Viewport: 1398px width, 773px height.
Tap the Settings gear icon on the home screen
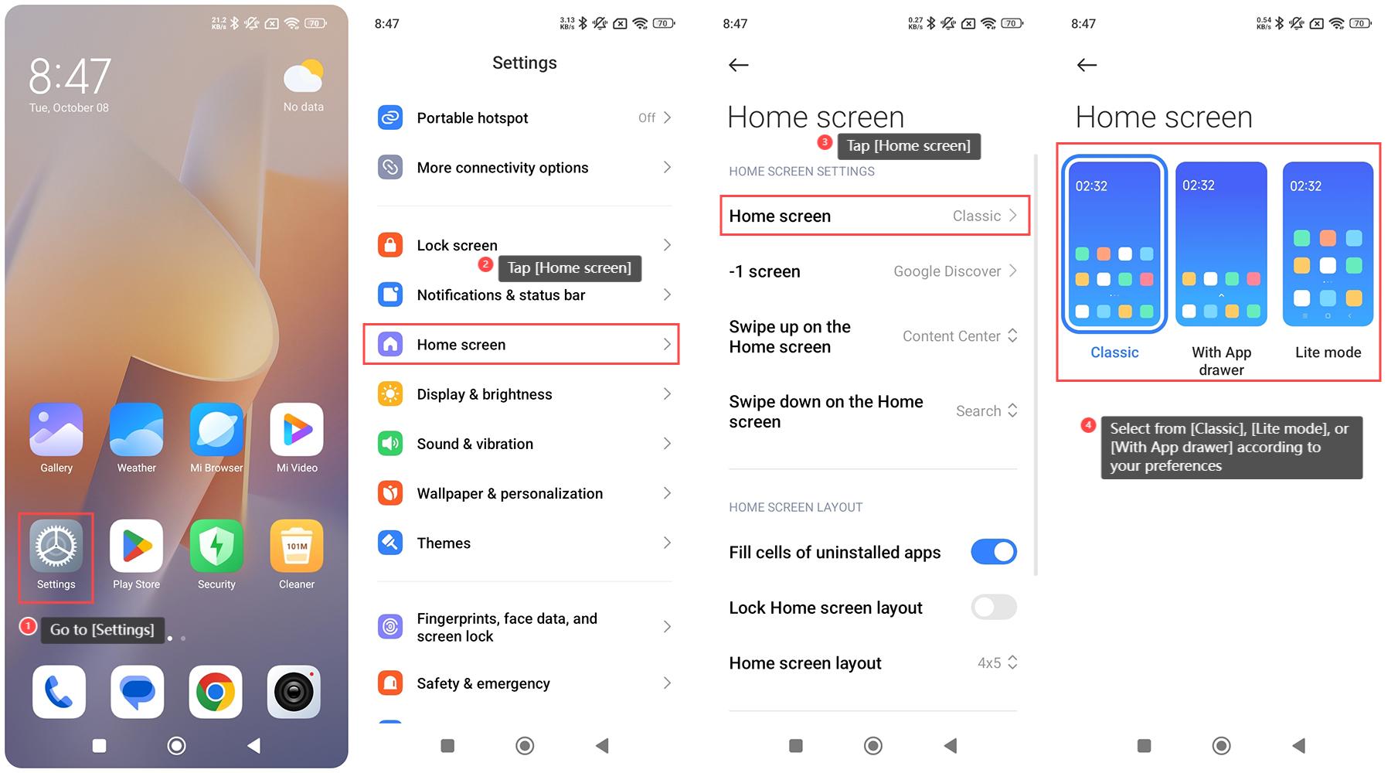coord(56,546)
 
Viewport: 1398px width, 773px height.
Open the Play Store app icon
coord(136,546)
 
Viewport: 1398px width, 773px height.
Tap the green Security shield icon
coord(216,546)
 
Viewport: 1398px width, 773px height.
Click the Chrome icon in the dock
coord(216,692)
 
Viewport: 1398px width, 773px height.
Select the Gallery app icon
coord(56,429)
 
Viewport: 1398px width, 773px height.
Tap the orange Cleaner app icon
coord(297,546)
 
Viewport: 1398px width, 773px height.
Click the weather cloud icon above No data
coord(303,76)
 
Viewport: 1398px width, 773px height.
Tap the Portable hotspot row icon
coord(390,117)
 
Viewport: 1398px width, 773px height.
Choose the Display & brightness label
coord(485,394)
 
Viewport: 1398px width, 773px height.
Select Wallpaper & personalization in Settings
coord(510,493)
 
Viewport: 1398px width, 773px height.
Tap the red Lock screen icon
coord(390,245)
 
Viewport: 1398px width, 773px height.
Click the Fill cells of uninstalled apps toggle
coord(994,552)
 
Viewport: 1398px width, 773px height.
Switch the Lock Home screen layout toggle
coord(994,608)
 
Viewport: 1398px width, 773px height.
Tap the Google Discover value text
coord(947,271)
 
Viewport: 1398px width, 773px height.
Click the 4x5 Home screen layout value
coord(989,663)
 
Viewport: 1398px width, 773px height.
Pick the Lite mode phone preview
coord(1328,244)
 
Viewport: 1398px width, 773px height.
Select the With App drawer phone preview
coord(1221,244)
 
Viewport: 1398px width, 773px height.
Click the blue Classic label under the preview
coord(1114,352)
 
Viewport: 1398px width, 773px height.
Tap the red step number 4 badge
coord(1088,425)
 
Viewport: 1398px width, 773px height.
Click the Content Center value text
coord(951,336)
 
